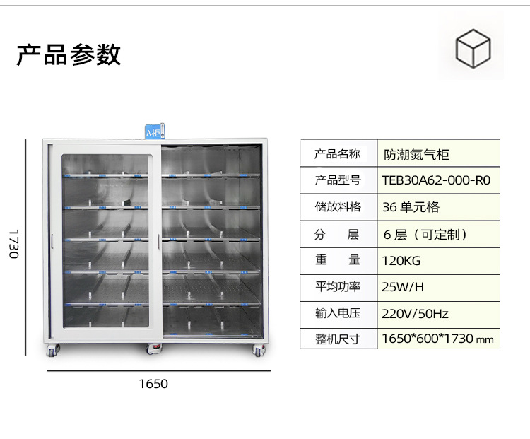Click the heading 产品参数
69,54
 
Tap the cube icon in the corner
473,48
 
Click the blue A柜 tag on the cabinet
155,131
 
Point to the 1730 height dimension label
14,244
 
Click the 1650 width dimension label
153,384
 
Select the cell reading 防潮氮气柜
416,155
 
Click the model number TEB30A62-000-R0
436,180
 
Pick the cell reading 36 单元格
411,207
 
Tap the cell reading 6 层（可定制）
425,234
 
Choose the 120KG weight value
401,261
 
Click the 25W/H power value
403,287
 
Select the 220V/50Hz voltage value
415,314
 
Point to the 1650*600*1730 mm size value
437,339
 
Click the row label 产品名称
337,154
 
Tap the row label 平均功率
338,287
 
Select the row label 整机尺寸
337,339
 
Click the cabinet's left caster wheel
53,351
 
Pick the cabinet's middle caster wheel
154,349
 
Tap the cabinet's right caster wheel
259,351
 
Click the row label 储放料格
338,206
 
